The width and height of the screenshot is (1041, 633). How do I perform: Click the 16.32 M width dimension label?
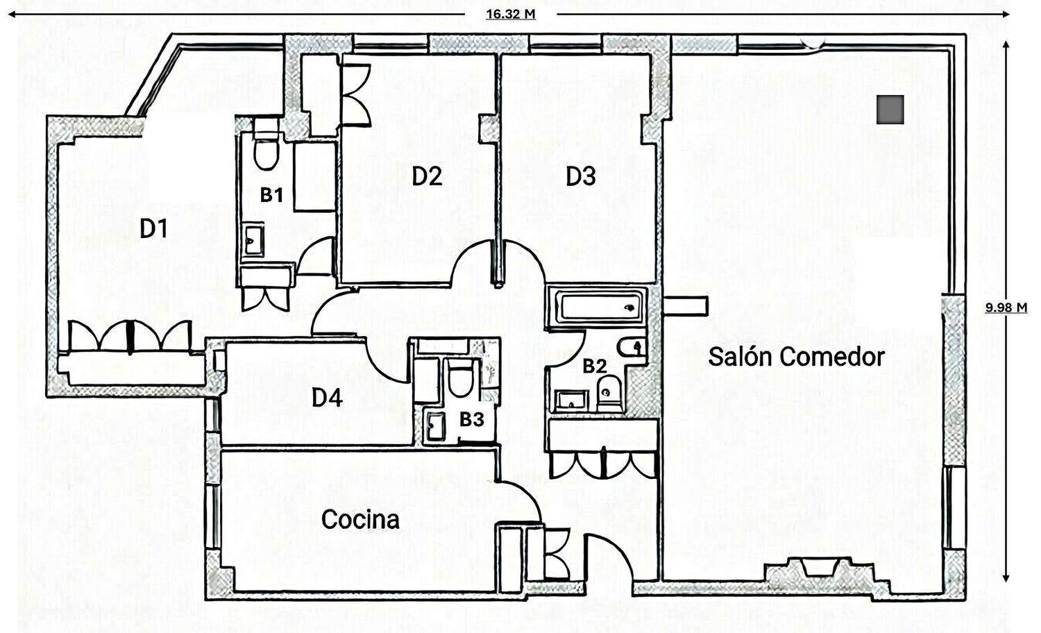click(511, 15)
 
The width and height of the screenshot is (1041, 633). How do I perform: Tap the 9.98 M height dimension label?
click(1006, 307)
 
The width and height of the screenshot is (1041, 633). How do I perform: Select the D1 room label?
click(154, 229)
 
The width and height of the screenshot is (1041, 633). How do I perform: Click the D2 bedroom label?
click(427, 176)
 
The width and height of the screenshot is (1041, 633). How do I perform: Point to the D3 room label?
click(580, 176)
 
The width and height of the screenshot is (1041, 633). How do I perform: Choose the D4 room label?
click(327, 398)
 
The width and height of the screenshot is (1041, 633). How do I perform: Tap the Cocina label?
click(360, 519)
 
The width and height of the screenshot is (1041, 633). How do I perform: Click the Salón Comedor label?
click(796, 357)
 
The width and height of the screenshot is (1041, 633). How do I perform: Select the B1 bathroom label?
click(271, 195)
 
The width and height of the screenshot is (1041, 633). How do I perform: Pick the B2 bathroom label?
click(595, 366)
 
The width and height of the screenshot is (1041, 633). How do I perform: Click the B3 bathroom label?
click(472, 420)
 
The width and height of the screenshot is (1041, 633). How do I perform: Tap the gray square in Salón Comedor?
click(890, 110)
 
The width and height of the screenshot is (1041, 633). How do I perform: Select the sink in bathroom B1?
click(253, 239)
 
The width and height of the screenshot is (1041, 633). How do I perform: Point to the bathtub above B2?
click(597, 306)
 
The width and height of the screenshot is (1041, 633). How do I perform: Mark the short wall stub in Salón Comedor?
click(686, 306)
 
